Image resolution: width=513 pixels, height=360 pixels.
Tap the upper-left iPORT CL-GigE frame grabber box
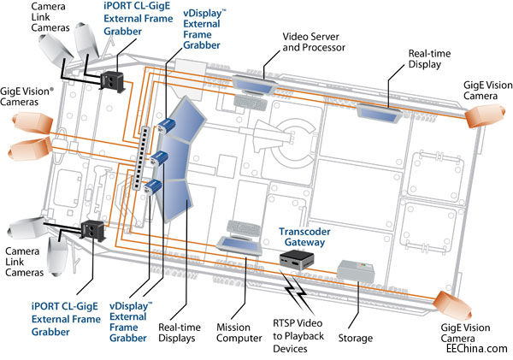click(113, 79)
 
